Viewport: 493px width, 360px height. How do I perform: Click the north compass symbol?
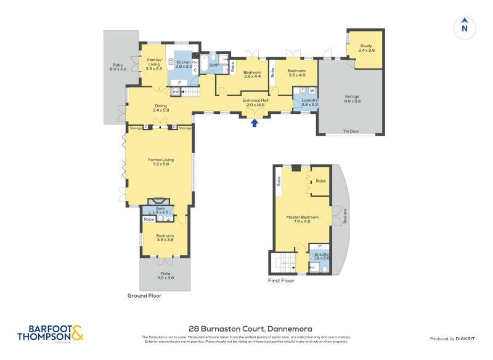click(465, 28)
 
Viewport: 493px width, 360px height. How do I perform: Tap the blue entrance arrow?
click(255, 123)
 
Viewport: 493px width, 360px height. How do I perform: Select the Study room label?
click(366, 47)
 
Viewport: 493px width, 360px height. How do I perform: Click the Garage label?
click(352, 99)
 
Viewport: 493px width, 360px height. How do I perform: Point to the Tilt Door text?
click(350, 131)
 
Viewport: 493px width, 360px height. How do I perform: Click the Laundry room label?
click(309, 102)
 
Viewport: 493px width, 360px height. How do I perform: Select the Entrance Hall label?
click(255, 102)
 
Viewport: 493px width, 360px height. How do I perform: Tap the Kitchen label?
click(184, 64)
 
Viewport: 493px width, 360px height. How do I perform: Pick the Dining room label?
click(161, 107)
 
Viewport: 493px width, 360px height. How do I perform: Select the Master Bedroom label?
click(303, 218)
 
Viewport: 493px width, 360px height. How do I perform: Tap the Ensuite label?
click(322, 256)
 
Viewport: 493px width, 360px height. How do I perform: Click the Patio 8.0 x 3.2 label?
click(118, 67)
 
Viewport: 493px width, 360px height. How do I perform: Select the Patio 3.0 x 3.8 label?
click(165, 275)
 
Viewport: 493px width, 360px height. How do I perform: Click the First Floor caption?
click(282, 280)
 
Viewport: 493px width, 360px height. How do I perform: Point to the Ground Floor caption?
click(144, 295)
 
